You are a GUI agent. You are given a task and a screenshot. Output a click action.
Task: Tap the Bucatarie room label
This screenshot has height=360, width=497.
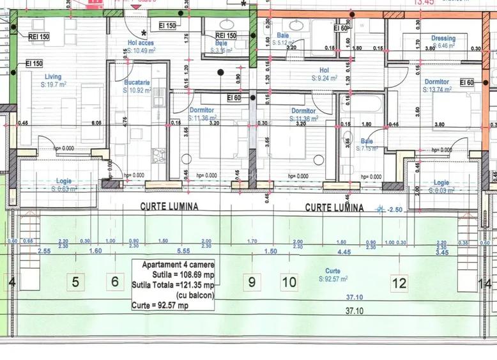pyautogui.click(x=137, y=82)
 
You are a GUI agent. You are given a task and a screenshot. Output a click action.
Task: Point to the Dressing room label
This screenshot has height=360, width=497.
pyautogui.click(x=443, y=38)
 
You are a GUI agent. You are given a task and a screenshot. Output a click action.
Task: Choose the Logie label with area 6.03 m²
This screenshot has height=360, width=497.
pyautogui.click(x=441, y=183)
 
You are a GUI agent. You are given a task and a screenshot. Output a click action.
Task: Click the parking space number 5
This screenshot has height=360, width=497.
pyautogui.click(x=75, y=281)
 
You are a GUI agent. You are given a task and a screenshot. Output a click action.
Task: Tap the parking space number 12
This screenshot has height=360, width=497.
pyautogui.click(x=400, y=282)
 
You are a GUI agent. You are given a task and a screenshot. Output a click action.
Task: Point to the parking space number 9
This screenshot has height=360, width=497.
pyautogui.click(x=252, y=281)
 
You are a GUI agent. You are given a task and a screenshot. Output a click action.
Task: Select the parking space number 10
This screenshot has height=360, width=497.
pyautogui.click(x=289, y=281)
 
